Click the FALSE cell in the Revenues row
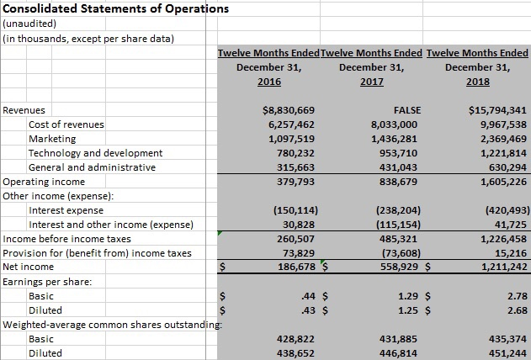pyautogui.click(x=406, y=110)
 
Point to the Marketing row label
pyautogui.click(x=52, y=139)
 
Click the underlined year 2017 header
pyautogui.click(x=370, y=82)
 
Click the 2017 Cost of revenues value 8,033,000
pyautogui.click(x=395, y=124)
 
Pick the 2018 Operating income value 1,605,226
pyautogui.click(x=499, y=182)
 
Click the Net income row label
pyautogui.click(x=28, y=267)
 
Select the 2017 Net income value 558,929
pyautogui.click(x=395, y=267)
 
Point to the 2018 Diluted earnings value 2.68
pyautogui.click(x=518, y=310)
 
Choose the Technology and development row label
pyautogui.click(x=95, y=153)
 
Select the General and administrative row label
pyautogui.click(x=92, y=167)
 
